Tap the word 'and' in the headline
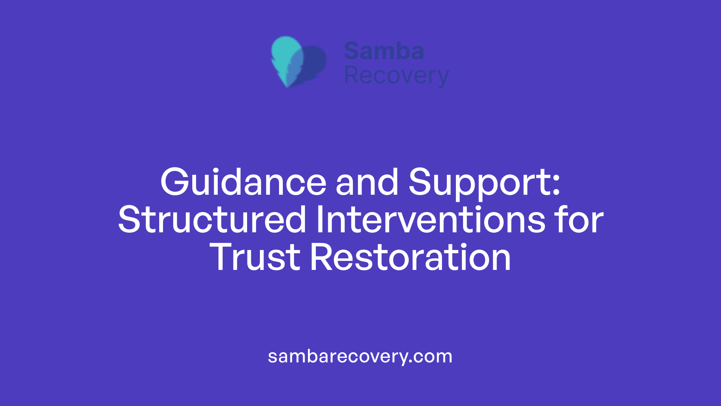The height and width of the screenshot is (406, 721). coord(367,183)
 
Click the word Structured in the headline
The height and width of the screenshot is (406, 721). coord(212,220)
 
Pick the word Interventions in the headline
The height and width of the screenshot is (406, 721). coord(430,220)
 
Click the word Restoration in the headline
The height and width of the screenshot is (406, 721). coord(410,258)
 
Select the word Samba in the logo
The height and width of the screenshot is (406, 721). coord(384,51)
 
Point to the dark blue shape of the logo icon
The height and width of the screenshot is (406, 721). coord(315,62)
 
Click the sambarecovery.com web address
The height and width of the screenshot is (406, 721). coord(360,356)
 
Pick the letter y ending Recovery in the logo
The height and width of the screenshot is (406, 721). coord(442,78)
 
